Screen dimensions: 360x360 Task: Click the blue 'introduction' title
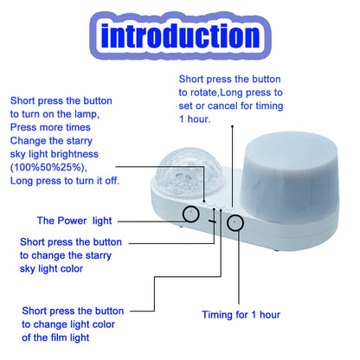(x=181, y=35)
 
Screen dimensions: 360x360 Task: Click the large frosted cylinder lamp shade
(x=288, y=177)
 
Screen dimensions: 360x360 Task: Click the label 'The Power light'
(x=74, y=221)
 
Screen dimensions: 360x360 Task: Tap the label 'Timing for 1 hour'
(x=241, y=314)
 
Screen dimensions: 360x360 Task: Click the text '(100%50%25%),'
(x=48, y=168)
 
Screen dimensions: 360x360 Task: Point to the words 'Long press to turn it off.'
(x=65, y=181)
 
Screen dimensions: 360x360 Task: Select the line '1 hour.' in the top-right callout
(x=195, y=119)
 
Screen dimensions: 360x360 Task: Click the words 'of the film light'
(x=55, y=337)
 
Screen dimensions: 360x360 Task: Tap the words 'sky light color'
(x=51, y=269)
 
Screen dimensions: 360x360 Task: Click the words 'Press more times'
(x=50, y=127)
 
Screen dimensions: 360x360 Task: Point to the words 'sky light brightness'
(x=55, y=154)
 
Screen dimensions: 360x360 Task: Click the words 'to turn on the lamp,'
(x=55, y=114)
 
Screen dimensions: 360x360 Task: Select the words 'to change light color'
(x=68, y=325)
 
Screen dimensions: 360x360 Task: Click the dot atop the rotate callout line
(x=233, y=126)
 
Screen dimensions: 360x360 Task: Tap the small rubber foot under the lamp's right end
(x=276, y=249)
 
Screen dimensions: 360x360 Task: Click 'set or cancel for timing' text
(x=231, y=106)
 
